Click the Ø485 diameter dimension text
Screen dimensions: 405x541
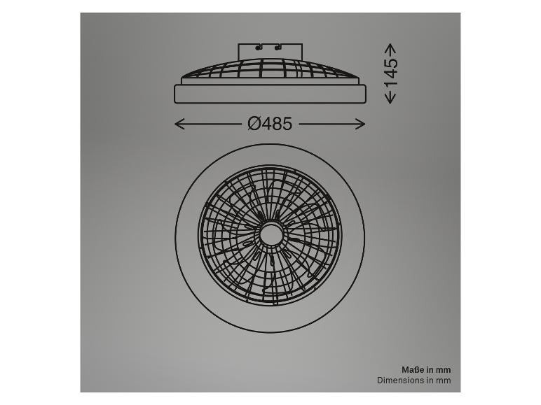270,124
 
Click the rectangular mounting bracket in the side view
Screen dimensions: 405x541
270,51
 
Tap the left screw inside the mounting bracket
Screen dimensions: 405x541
259,48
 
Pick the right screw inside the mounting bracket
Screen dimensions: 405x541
278,48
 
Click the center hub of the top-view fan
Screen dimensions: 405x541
270,235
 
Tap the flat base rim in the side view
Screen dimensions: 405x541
270,94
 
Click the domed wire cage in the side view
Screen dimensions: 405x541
270,70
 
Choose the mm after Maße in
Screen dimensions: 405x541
444,369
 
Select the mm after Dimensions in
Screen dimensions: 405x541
444,381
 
